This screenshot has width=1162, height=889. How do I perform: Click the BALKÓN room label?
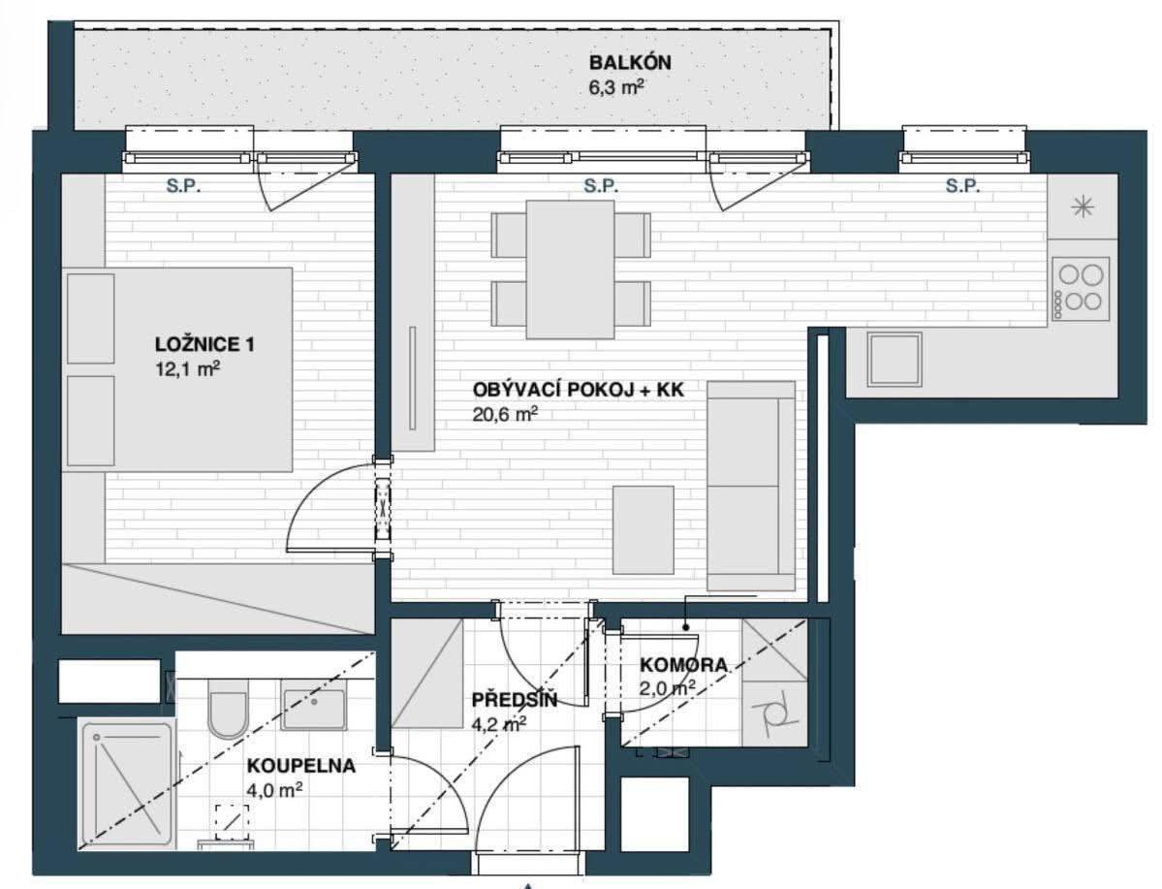(x=630, y=62)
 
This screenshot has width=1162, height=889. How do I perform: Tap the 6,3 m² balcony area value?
(x=615, y=88)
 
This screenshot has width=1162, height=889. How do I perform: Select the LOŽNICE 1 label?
(x=204, y=344)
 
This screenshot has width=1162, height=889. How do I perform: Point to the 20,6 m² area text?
(x=505, y=415)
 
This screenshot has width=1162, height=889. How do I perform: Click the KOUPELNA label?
(x=300, y=765)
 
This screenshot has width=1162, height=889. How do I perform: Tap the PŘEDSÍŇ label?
(x=515, y=699)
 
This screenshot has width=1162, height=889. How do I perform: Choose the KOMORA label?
(x=683, y=665)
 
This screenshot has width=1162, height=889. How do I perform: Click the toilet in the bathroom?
(x=227, y=708)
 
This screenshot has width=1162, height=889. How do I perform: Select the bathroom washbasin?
(x=314, y=709)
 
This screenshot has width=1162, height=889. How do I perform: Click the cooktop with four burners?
(x=1080, y=289)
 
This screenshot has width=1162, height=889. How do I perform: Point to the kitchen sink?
(x=895, y=360)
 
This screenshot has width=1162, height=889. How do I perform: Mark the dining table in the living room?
(x=571, y=270)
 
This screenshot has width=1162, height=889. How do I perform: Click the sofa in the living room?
(x=751, y=487)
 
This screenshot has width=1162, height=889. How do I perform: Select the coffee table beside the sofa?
(x=644, y=529)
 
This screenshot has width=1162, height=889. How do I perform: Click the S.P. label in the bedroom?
(x=184, y=186)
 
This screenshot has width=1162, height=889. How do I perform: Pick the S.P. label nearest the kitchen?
(x=962, y=186)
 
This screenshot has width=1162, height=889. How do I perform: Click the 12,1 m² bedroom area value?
(x=187, y=368)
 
